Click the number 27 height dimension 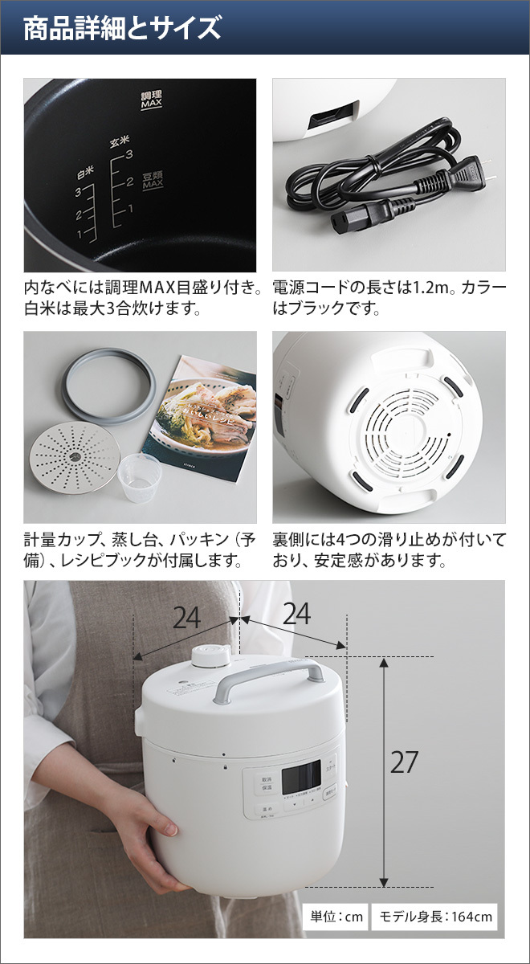coord(404,762)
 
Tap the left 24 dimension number coord(186,617)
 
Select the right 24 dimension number coord(296,614)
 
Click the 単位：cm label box coord(336,917)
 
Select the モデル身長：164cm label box coord(436,917)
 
